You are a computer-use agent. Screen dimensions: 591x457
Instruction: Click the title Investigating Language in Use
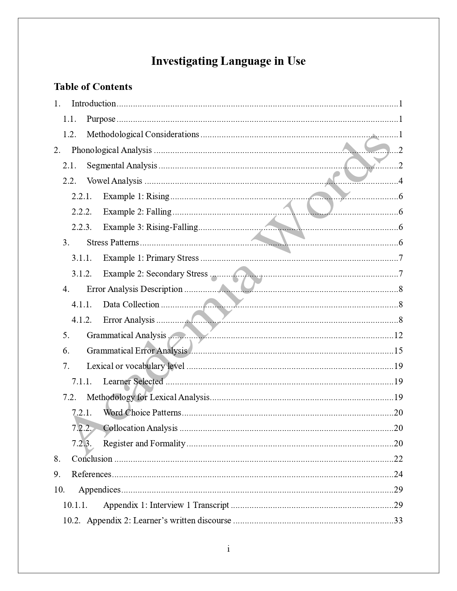pos(228,61)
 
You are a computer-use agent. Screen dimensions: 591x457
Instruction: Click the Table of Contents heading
pos(93,87)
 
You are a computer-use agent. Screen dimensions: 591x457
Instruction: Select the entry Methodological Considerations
pos(143,134)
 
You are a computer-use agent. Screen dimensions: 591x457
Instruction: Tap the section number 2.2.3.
pos(82,227)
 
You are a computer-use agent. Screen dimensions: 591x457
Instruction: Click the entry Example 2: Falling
pos(137,212)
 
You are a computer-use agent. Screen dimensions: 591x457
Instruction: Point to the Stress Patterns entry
pos(113,242)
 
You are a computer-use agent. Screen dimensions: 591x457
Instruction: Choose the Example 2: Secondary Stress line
pos(155,274)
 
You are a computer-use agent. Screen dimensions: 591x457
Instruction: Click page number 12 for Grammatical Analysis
pos(398,335)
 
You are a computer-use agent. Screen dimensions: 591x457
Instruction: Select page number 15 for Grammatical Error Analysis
pos(398,351)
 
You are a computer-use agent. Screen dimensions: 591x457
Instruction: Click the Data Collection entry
pos(131,304)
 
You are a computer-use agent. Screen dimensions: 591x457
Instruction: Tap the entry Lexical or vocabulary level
pos(135,366)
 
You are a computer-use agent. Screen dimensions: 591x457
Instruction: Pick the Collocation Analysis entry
pos(140,428)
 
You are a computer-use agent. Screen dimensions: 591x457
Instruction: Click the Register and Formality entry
pos(144,443)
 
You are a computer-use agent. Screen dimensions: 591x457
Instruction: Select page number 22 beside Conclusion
pos(398,459)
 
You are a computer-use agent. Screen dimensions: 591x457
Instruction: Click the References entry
pos(91,474)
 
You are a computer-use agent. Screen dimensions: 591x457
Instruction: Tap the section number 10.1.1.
pos(75,505)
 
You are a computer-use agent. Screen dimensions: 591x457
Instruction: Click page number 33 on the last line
pos(398,520)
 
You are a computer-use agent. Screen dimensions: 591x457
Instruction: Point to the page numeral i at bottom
pos(228,549)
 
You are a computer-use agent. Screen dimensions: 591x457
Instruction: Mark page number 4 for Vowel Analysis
pos(401,181)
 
